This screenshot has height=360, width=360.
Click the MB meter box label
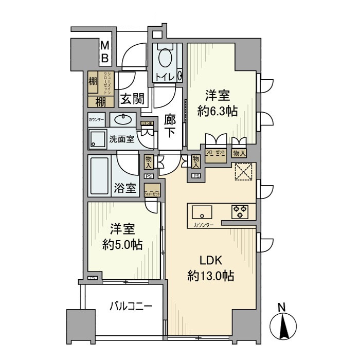pyautogui.click(x=104, y=52)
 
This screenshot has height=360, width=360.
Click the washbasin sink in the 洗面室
pyautogui.click(x=122, y=120)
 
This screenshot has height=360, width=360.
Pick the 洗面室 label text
pyautogui.click(x=122, y=139)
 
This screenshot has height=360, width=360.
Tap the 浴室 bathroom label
pyautogui.click(x=125, y=189)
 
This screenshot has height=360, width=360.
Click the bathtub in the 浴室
pyautogui.click(x=99, y=176)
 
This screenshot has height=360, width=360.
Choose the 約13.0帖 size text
pyautogui.click(x=210, y=277)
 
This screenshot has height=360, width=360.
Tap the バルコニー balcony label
pyautogui.click(x=131, y=307)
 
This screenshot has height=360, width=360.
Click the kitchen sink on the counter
pyautogui.click(x=202, y=211)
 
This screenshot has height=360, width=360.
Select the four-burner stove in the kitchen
pyautogui.click(x=240, y=211)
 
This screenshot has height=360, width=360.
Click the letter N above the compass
pyautogui.click(x=282, y=307)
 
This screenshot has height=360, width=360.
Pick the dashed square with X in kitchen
pyautogui.click(x=243, y=173)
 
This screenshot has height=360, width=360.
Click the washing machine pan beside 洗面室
pyautogui.click(x=97, y=138)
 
